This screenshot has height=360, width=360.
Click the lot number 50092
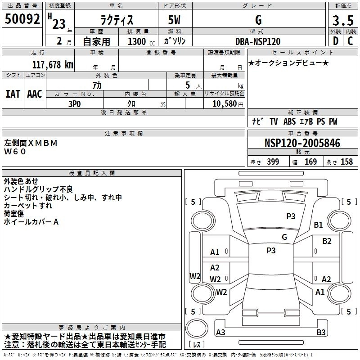[x=22, y=19]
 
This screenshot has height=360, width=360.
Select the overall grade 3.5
[x=342, y=21]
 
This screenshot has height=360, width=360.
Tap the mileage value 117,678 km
[x=53, y=64]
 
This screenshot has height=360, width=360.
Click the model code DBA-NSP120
[x=258, y=41]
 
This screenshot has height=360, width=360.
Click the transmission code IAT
[x=13, y=94]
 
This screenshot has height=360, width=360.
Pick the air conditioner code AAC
[x=35, y=94]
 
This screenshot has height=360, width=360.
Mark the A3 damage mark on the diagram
[x=220, y=333]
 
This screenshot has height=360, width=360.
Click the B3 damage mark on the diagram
[x=321, y=333]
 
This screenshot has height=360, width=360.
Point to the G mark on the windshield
[x=284, y=237]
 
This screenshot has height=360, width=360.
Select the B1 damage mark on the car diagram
[x=319, y=225]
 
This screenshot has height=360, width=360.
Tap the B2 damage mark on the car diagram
[x=327, y=241]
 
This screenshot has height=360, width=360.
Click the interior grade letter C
[x=350, y=41]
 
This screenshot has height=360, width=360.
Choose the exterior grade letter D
[x=335, y=41]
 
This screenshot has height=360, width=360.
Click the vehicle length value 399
[x=273, y=162]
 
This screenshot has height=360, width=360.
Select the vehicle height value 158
[x=346, y=162]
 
